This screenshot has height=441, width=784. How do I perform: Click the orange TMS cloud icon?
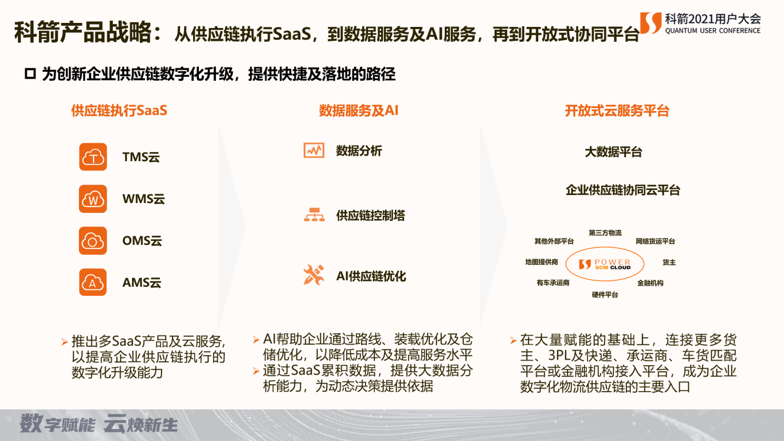tap(93, 157)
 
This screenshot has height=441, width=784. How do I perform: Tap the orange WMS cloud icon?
tap(93, 199)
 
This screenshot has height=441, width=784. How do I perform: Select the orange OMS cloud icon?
tap(93, 241)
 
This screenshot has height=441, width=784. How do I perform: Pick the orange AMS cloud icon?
tap(93, 282)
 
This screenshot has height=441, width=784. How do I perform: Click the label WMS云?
tap(143, 199)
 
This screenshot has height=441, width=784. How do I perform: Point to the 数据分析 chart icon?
tap(313, 151)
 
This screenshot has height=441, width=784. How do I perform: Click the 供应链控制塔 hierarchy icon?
tap(313, 216)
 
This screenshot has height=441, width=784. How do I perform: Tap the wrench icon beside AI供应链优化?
tap(313, 275)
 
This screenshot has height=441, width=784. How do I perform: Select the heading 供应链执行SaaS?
tap(119, 111)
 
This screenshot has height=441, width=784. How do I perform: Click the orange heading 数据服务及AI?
tap(359, 111)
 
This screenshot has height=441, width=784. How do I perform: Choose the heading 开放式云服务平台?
tap(617, 111)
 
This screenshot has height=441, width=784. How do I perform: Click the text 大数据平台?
tap(613, 152)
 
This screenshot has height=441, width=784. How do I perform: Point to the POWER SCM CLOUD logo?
tap(605, 264)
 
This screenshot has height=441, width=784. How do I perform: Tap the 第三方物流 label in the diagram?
tap(605, 233)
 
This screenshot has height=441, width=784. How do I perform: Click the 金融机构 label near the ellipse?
tap(650, 283)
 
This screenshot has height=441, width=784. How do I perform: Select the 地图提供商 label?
tap(542, 262)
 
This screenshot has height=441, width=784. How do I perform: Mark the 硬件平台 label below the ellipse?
tap(605, 295)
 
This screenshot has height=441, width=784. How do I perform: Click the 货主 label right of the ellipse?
tap(669, 263)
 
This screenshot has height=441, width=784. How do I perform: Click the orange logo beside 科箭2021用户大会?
tap(650, 23)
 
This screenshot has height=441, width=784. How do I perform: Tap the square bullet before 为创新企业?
tap(30, 75)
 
